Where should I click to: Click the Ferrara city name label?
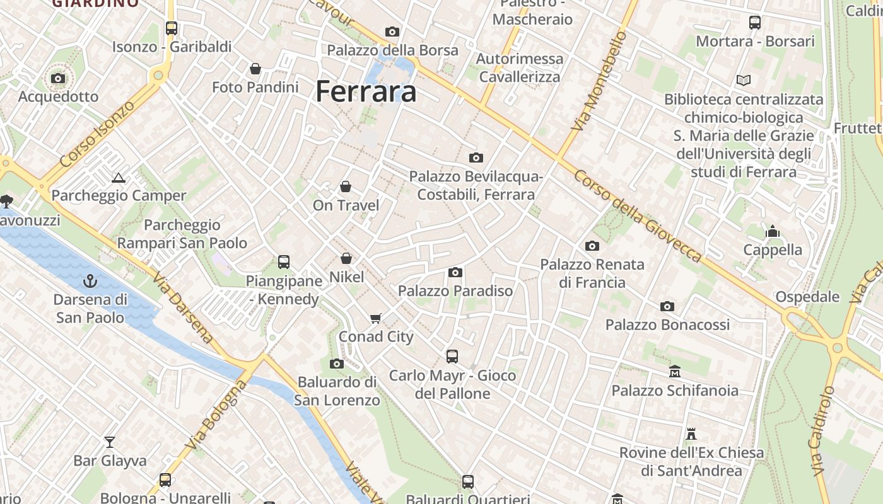[x=366, y=91]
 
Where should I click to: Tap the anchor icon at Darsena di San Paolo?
[x=90, y=280]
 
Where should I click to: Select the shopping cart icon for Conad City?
[x=376, y=318]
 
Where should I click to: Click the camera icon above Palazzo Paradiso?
[x=455, y=272]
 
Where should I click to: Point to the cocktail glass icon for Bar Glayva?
[x=110, y=442]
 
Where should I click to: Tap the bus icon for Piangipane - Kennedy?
[x=284, y=261]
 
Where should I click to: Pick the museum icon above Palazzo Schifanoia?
[x=675, y=371]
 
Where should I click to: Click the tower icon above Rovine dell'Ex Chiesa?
[x=691, y=433]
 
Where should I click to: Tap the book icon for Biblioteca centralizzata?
[x=744, y=80]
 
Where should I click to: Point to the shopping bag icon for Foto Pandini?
[x=255, y=68]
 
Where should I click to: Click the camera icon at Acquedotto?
[x=58, y=78]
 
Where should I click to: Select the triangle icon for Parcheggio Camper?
[x=118, y=178]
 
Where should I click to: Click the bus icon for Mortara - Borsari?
[x=755, y=23]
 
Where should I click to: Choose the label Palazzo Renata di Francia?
[x=592, y=273]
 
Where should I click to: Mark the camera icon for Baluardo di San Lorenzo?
[x=337, y=364]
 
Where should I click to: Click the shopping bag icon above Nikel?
[x=346, y=258]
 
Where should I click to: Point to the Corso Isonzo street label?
[x=97, y=134]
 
